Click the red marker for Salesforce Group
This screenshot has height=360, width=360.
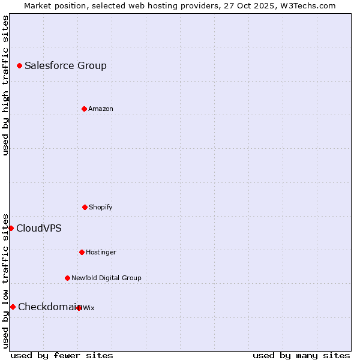click(19, 65)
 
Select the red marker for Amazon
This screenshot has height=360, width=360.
click(84, 109)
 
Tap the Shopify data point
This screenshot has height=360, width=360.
click(85, 207)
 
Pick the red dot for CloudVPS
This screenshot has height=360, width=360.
click(11, 228)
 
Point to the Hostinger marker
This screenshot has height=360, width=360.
click(82, 252)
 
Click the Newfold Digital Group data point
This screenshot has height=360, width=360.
click(67, 278)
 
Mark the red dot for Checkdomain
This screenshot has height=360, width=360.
click(13, 307)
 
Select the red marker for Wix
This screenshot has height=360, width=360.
click(79, 308)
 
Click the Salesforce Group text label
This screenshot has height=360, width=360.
click(65, 65)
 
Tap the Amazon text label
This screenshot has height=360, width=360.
click(101, 109)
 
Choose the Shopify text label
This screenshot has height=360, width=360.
click(101, 207)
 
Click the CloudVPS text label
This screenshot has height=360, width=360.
click(39, 228)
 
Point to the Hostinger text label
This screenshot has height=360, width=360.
click(101, 252)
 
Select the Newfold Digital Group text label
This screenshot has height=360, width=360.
click(106, 278)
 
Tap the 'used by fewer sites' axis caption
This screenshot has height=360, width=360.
click(62, 355)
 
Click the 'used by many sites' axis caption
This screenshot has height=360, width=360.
click(301, 355)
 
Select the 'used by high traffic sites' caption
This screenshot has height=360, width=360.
click(5, 85)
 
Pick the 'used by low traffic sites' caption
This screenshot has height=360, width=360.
click(5, 280)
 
